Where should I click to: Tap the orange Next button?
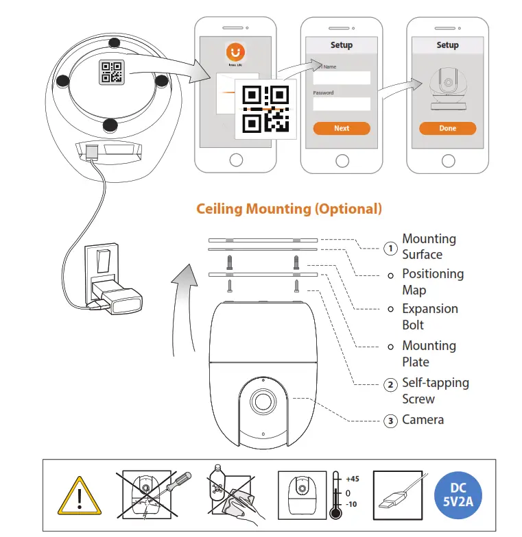click(342, 128)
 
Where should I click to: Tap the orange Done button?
click(447, 128)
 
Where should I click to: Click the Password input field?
click(342, 104)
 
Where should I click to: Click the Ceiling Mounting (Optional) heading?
click(289, 209)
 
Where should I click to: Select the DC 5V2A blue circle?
click(458, 495)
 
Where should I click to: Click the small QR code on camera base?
click(112, 73)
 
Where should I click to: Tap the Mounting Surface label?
click(429, 247)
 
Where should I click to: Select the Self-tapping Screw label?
click(435, 391)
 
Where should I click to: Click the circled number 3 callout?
click(390, 421)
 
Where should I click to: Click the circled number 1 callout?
click(390, 248)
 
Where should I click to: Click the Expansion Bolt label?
click(423, 317)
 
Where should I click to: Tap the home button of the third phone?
click(448, 160)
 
